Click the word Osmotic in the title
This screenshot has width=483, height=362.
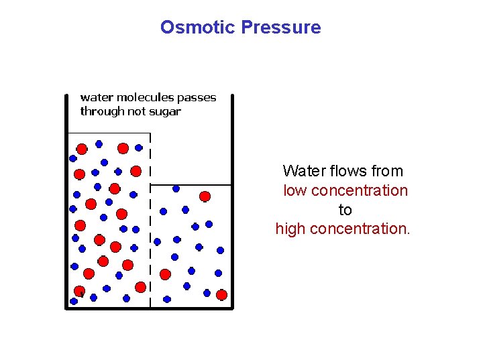[197, 27]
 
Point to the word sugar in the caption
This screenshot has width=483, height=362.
[164, 112]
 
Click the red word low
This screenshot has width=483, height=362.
[295, 190]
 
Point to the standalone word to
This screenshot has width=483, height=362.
[345, 210]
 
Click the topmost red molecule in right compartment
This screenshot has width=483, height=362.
[205, 196]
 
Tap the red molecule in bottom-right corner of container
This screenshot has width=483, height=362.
[221, 294]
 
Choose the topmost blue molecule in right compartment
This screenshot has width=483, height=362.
[176, 188]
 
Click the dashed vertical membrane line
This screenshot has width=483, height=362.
[150, 221]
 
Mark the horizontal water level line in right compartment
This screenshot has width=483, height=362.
[191, 184]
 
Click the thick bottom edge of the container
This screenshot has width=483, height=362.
[149, 308]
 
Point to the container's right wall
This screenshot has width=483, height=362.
[232, 201]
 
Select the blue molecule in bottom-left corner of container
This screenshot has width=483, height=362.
[74, 301]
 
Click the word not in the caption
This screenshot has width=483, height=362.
[136, 112]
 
